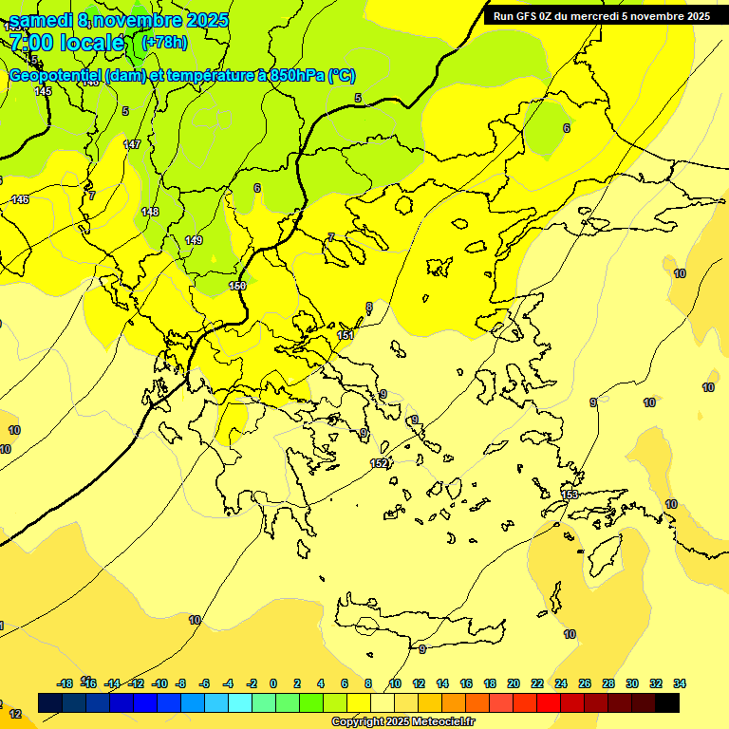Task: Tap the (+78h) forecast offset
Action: tap(164, 42)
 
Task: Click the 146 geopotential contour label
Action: tap(20, 199)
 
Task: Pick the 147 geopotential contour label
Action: tap(132, 145)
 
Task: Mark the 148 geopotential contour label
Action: tap(150, 212)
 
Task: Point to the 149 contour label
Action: tap(194, 241)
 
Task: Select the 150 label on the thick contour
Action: tap(237, 286)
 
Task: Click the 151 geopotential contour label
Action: tap(346, 335)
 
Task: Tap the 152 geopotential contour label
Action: tap(379, 463)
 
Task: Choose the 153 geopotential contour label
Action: tap(570, 495)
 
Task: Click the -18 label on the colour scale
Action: tap(65, 683)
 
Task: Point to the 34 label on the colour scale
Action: tap(680, 683)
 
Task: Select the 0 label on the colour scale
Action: tap(273, 683)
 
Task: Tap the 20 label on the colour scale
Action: tap(514, 683)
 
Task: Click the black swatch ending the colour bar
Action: tap(667, 702)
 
